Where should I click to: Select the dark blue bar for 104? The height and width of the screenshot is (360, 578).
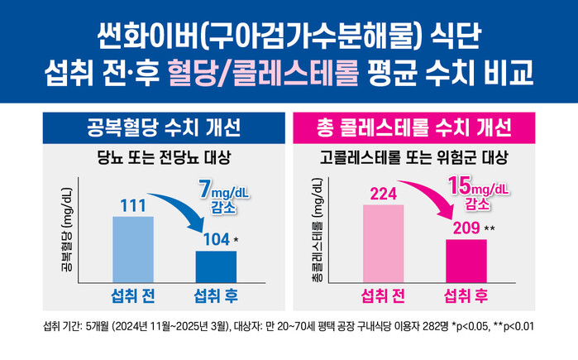click(x=216, y=266)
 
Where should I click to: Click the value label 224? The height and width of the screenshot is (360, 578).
click(x=383, y=194)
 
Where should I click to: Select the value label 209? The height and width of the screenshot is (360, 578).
click(x=464, y=228)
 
